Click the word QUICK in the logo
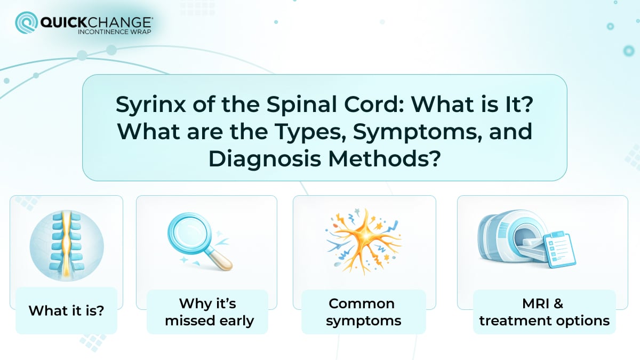coord(62,22)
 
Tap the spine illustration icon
coord(66,243)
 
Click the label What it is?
coord(66,310)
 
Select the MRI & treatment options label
coord(544,312)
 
